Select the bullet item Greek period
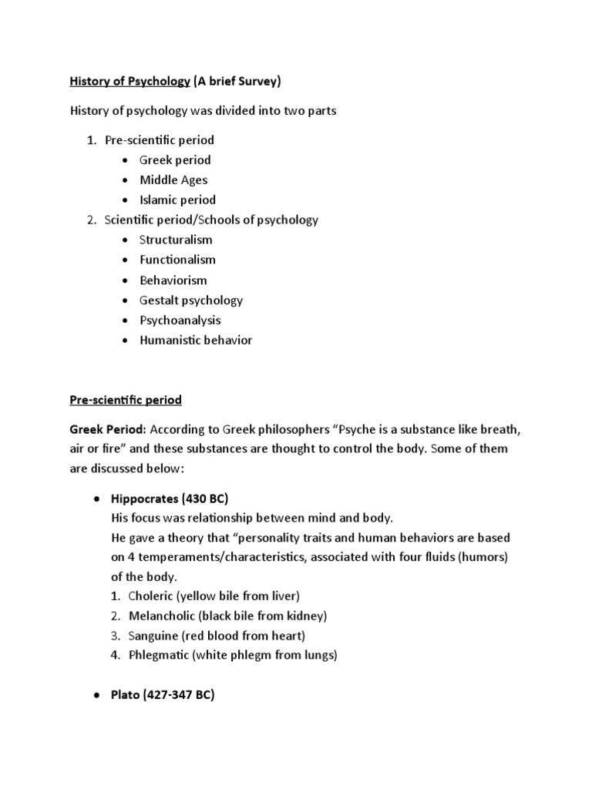(x=175, y=160)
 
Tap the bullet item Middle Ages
(x=173, y=180)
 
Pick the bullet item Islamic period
(x=177, y=200)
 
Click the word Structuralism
(x=176, y=240)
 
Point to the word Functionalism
(x=177, y=260)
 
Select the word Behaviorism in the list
(x=173, y=280)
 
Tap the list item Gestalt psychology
(x=191, y=300)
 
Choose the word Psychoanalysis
(x=180, y=321)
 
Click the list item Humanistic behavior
(x=196, y=341)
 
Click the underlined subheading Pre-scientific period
(x=126, y=401)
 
